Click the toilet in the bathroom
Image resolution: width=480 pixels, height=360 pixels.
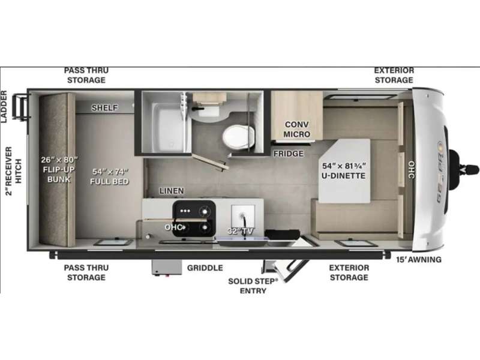point(238,136)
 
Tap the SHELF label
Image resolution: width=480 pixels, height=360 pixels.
point(104,108)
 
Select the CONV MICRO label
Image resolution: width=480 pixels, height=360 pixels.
point(296,129)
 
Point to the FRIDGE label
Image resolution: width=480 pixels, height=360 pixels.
point(289,154)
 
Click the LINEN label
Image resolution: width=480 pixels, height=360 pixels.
point(172,191)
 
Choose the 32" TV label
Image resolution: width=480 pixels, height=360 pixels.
point(241,231)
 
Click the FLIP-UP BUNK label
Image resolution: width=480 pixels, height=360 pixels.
point(59,174)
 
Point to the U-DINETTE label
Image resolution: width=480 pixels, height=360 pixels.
point(343,176)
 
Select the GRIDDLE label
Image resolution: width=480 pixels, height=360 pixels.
point(205,268)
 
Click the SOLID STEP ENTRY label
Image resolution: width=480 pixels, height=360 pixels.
point(253,286)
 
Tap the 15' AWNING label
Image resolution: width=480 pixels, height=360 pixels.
point(419,260)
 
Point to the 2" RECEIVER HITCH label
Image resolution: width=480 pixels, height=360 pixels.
point(14,171)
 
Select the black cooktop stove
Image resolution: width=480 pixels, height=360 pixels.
point(194,218)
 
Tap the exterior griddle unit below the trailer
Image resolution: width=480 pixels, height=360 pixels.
point(167,268)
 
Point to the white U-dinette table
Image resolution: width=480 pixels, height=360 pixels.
point(344,171)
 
